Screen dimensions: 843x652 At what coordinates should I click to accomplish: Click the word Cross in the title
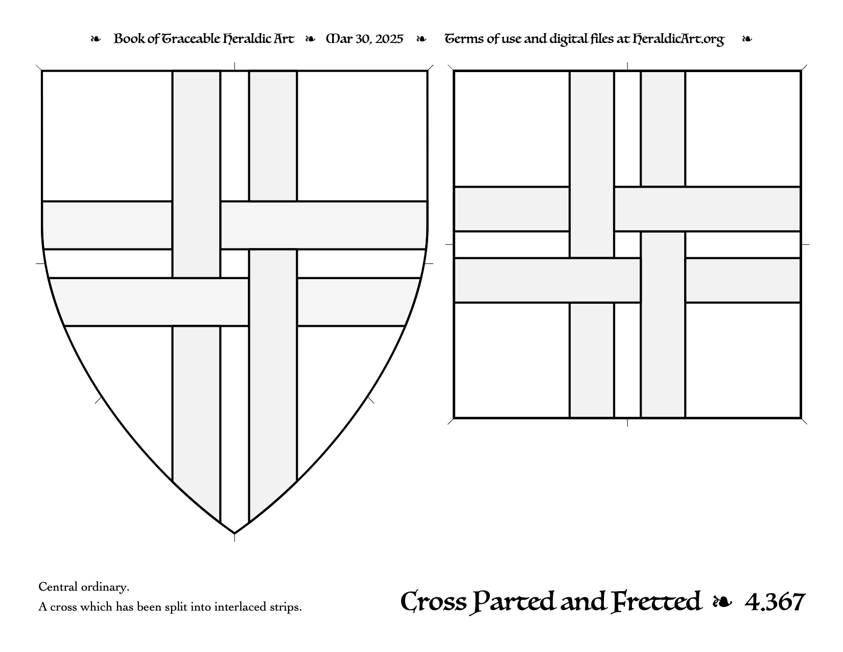click(433, 602)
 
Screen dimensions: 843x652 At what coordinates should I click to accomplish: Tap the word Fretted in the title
click(656, 602)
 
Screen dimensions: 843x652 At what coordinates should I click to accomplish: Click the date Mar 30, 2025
click(365, 39)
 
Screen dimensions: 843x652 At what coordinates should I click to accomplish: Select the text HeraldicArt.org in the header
click(678, 39)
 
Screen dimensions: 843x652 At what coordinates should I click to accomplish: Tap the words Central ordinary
click(84, 587)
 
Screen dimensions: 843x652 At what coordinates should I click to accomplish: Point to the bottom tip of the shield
click(235, 533)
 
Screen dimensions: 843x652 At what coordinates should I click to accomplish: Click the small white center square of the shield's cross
click(235, 264)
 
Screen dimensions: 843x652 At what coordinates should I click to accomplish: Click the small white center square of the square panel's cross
click(627, 244)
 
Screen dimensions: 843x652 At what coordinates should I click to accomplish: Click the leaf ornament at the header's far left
click(96, 39)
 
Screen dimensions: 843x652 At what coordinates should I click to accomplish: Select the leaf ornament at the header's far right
click(747, 39)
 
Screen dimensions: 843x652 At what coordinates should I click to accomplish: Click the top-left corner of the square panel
click(454, 71)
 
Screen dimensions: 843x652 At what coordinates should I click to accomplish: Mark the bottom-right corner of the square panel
click(801, 418)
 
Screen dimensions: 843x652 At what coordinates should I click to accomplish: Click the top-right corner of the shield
click(428, 71)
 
